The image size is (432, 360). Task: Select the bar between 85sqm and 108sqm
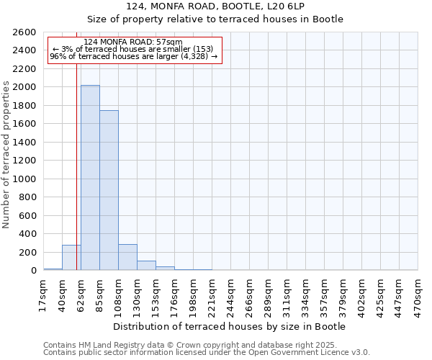click(x=109, y=190)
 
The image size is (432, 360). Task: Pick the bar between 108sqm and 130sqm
click(x=127, y=257)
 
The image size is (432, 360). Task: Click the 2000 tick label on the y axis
click(x=24, y=87)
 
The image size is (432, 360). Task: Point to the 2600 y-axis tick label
click(x=24, y=32)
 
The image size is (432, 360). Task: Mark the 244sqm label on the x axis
click(x=230, y=294)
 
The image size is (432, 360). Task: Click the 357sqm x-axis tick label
click(x=323, y=294)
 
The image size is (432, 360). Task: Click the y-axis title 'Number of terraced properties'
click(x=7, y=154)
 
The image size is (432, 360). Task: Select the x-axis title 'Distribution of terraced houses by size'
click(x=230, y=326)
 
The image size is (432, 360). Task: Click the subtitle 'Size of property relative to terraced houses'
click(x=215, y=19)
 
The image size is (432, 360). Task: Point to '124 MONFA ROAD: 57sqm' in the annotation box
click(x=133, y=42)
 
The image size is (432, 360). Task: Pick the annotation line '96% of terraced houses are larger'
click(x=133, y=56)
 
